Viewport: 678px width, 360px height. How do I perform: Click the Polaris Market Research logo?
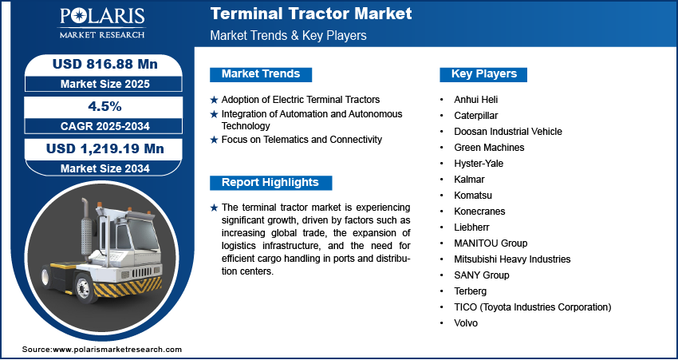[102, 23]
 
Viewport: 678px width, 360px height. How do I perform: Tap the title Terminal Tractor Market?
[311, 14]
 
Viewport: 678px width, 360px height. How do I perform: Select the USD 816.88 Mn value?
[105, 64]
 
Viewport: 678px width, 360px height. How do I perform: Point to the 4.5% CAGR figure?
[104, 106]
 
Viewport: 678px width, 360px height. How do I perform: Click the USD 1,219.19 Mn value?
[105, 148]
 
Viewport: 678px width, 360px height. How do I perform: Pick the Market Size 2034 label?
[105, 168]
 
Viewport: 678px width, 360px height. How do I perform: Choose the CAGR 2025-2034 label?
[105, 126]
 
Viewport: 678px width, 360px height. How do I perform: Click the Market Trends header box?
[261, 74]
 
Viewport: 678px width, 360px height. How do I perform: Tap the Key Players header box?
[483, 74]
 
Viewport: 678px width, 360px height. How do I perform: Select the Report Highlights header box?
[270, 183]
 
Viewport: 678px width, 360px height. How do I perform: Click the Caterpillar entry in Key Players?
[475, 116]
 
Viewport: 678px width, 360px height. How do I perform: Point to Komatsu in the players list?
[473, 196]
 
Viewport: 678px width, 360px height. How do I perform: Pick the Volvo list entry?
[466, 323]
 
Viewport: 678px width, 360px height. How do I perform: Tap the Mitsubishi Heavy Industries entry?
[512, 259]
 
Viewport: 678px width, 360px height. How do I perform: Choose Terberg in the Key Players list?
[470, 291]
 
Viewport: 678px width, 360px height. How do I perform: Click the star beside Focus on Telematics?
[214, 140]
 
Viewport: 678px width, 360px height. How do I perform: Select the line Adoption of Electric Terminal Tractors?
[301, 100]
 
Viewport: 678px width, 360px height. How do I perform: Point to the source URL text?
[102, 349]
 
